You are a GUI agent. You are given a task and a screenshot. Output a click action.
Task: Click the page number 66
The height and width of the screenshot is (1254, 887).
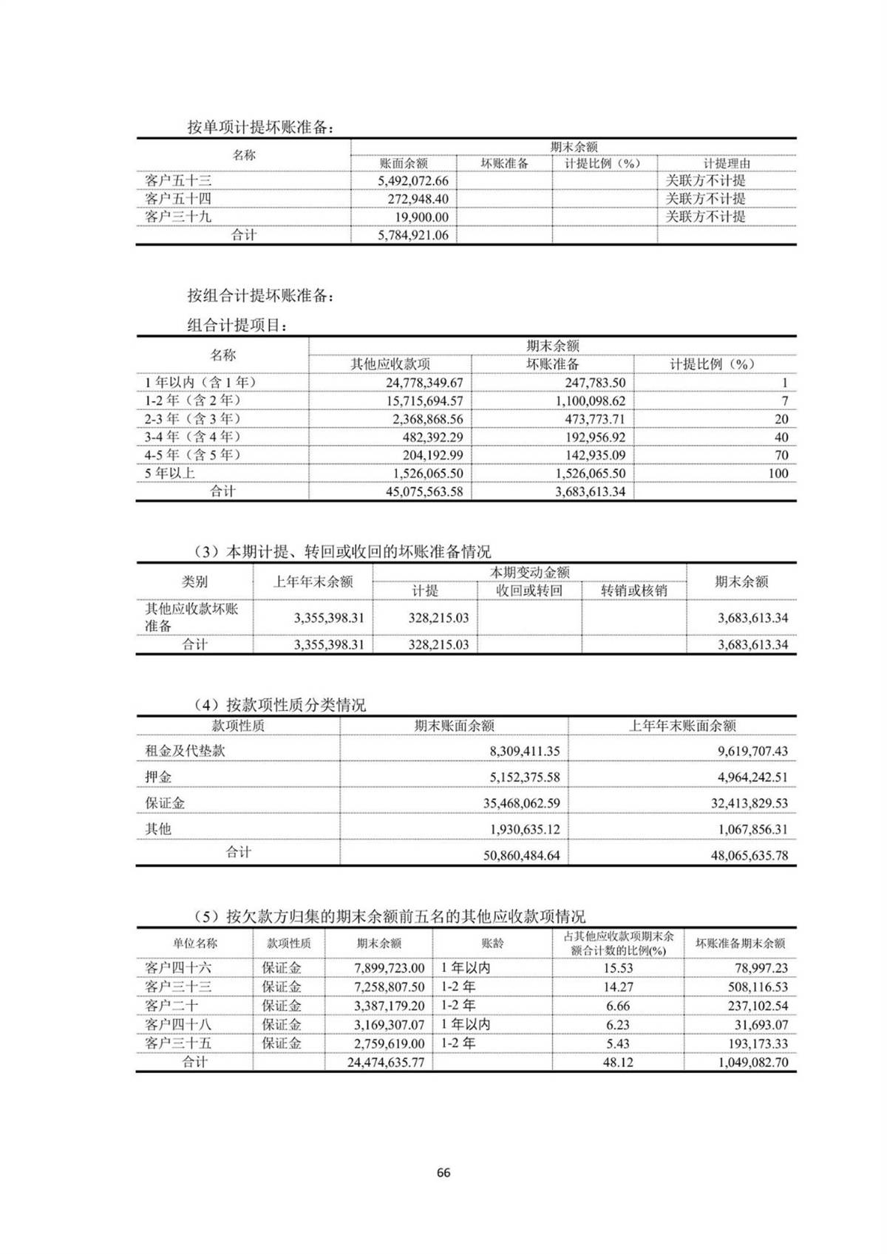443,1173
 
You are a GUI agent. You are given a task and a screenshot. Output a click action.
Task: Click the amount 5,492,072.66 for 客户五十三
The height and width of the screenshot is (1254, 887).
412,181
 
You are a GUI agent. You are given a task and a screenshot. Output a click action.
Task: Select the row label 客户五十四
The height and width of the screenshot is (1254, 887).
178,199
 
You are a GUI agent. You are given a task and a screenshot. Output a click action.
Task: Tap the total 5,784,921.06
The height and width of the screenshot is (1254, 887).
412,236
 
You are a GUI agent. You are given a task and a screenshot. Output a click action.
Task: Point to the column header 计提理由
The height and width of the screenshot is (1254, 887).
726,163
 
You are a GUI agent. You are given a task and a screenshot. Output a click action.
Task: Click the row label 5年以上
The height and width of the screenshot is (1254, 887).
170,473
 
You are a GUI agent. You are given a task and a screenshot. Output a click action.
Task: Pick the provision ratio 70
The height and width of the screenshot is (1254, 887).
781,455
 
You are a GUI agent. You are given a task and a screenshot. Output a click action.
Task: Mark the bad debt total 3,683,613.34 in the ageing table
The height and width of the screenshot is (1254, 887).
590,491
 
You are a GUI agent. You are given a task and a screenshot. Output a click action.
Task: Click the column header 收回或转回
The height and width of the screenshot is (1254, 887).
529,590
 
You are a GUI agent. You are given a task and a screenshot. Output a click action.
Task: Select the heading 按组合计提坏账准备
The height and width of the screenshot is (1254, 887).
260,296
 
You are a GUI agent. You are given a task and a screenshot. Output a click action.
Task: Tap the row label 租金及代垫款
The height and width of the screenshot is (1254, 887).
185,751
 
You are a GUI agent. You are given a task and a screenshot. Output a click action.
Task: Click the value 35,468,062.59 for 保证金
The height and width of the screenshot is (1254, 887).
514,803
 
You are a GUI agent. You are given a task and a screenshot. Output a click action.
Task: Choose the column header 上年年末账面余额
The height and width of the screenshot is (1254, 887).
682,726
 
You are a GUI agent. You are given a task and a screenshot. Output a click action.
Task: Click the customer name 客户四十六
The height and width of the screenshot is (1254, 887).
178,968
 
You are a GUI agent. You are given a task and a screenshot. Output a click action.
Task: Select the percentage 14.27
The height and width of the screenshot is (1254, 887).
617,986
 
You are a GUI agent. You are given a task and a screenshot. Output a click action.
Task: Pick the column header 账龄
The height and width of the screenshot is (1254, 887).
492,944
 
